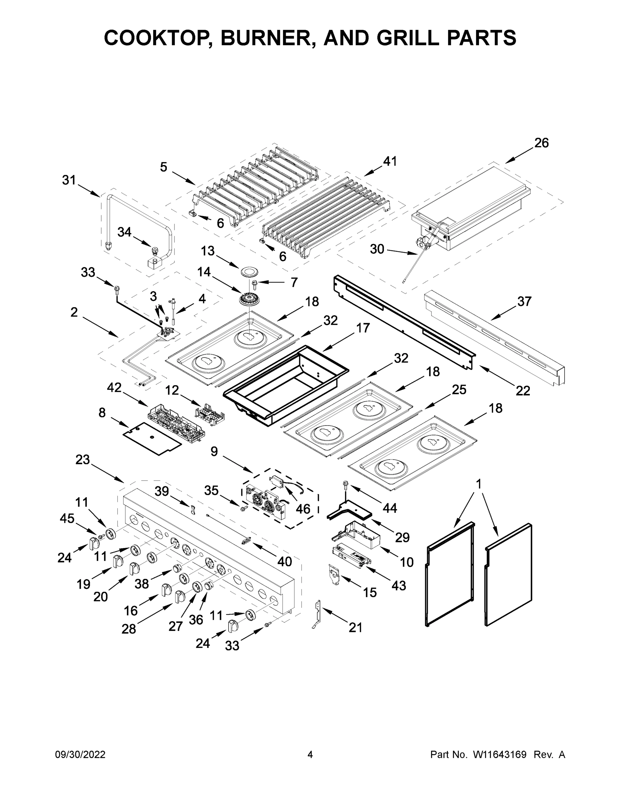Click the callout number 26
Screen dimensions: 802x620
(x=541, y=143)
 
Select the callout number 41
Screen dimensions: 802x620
(x=390, y=161)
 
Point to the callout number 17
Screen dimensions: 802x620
(x=363, y=327)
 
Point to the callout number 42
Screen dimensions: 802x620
(x=114, y=387)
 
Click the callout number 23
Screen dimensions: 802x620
(x=83, y=459)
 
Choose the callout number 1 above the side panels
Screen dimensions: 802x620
(x=478, y=484)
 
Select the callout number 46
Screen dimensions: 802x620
(x=303, y=509)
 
